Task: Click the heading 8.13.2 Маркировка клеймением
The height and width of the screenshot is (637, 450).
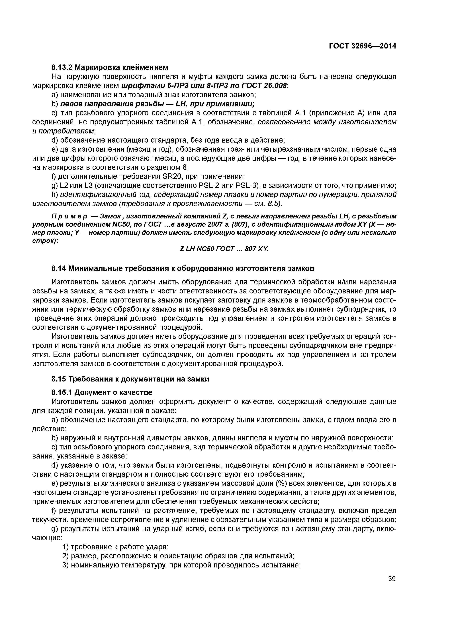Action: click(x=110, y=67)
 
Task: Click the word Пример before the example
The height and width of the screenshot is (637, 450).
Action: click(x=69, y=216)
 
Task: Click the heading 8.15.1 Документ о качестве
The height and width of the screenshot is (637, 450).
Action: click(x=102, y=392)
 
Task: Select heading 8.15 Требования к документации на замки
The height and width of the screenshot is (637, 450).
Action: click(x=130, y=379)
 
